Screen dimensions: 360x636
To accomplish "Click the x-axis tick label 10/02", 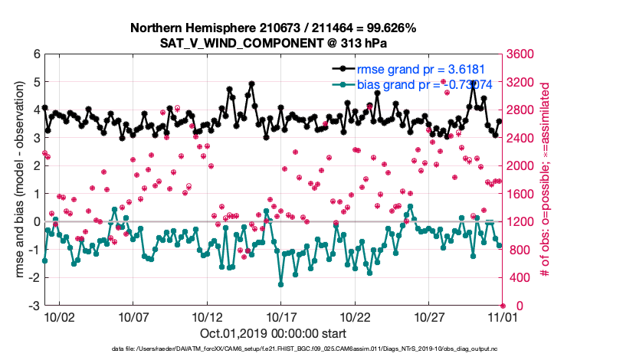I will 60,316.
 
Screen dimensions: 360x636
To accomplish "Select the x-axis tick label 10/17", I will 281,316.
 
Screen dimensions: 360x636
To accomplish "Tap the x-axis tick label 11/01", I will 503,316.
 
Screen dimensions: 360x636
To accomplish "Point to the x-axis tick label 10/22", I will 356,316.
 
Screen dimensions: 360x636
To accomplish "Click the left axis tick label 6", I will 36,54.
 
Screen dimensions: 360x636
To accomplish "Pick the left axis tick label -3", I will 34,306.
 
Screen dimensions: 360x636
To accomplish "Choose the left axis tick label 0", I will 36,222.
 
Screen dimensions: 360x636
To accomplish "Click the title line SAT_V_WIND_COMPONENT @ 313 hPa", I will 273,42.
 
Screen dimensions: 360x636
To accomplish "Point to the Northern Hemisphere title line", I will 273,28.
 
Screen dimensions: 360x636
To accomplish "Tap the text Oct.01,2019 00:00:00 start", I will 273,333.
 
